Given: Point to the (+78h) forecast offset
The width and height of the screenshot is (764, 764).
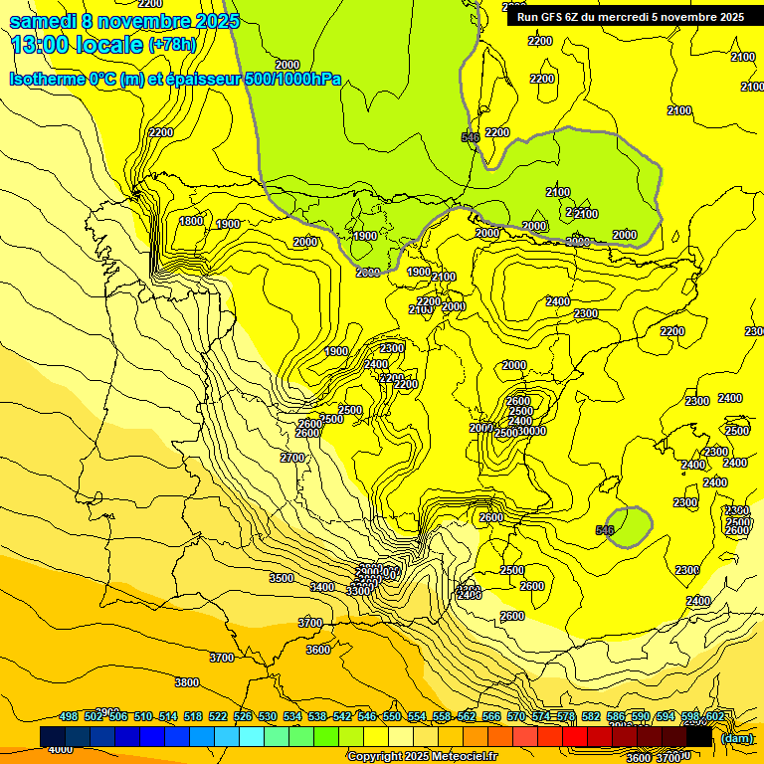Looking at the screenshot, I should (x=172, y=45).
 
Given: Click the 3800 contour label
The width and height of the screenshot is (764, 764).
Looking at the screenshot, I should (x=186, y=682).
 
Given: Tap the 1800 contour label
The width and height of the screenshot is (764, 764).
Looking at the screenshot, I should (x=191, y=221).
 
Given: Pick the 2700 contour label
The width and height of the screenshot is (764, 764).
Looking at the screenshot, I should (x=292, y=458).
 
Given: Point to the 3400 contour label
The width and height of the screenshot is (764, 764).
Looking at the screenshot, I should (x=322, y=587).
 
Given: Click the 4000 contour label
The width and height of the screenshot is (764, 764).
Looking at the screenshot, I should (x=60, y=749).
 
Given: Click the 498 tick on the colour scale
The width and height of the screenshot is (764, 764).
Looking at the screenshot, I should (x=69, y=716).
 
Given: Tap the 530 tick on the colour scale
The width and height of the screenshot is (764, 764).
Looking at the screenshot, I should (x=268, y=716).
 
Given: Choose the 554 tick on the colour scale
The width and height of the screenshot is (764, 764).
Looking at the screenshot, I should (x=417, y=716).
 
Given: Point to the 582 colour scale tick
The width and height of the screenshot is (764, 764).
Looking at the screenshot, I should (x=591, y=716).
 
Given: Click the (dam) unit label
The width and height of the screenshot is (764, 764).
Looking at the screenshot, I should (x=736, y=737).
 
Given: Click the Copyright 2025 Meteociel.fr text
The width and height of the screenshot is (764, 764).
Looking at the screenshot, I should (x=422, y=756).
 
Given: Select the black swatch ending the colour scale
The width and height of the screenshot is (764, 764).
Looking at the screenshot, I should (x=699, y=736).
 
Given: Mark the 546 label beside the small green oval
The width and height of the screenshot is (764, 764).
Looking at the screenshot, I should (x=604, y=531).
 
